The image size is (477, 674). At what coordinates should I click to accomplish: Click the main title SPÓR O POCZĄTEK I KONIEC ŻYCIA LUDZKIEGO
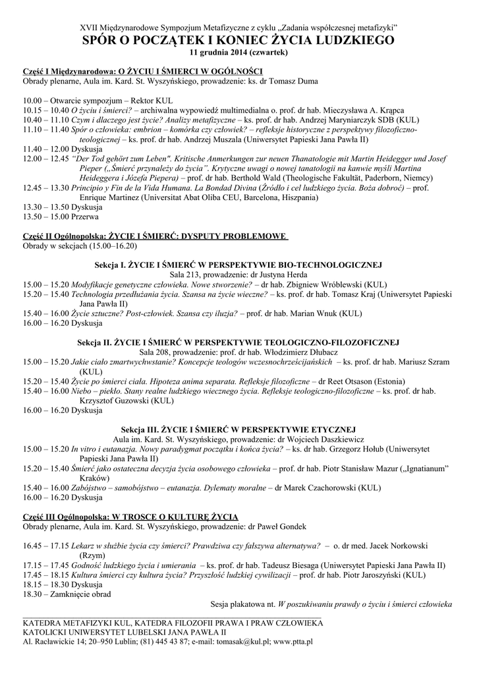tap(238, 40)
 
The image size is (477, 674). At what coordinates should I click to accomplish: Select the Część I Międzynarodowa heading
tap(142, 71)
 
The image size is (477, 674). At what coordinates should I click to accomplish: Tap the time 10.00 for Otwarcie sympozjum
tap(32, 100)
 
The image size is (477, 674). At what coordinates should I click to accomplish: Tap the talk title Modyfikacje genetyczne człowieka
tap(126, 284)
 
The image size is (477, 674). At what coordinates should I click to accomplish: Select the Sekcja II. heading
tap(238, 343)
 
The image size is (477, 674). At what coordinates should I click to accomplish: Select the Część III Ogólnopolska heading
tap(130, 517)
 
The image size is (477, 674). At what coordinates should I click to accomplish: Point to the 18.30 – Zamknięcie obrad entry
tap(67, 594)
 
